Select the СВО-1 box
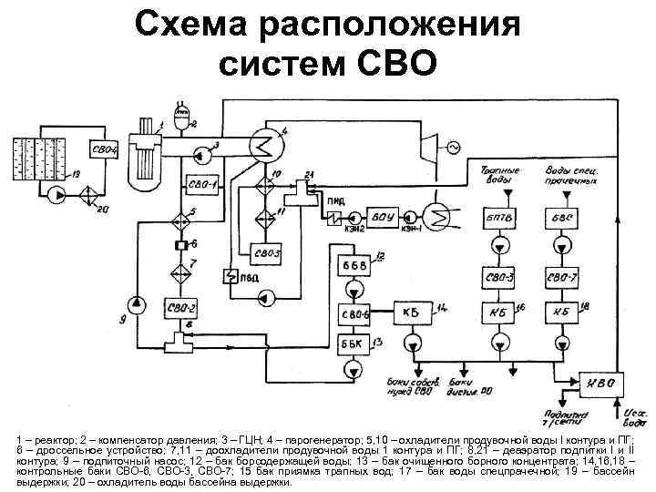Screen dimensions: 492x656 click(x=202, y=185)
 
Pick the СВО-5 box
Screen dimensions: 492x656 click(x=267, y=251)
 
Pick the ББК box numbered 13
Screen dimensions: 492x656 click(x=352, y=343)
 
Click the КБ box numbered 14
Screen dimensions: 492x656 click(x=410, y=313)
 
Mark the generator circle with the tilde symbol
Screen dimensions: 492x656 click(x=447, y=146)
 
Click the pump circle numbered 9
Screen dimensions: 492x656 click(x=136, y=302)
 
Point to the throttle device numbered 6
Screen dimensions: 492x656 click(x=179, y=244)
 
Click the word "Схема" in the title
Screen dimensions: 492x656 click(x=193, y=26)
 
